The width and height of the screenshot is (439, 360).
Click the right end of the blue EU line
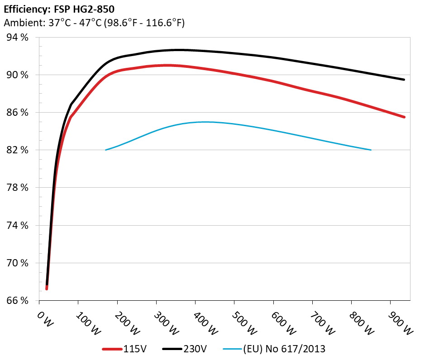(x=371, y=150)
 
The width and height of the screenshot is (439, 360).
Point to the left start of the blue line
(x=105, y=150)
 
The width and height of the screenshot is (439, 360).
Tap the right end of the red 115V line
(x=404, y=117)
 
